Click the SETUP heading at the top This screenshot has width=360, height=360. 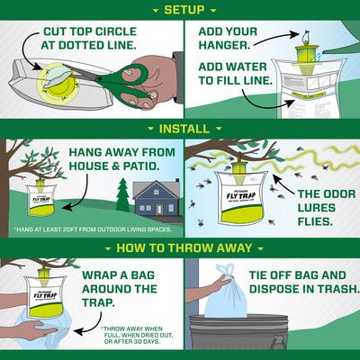pos(179,10)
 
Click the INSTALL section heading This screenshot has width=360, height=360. pos(179,129)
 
